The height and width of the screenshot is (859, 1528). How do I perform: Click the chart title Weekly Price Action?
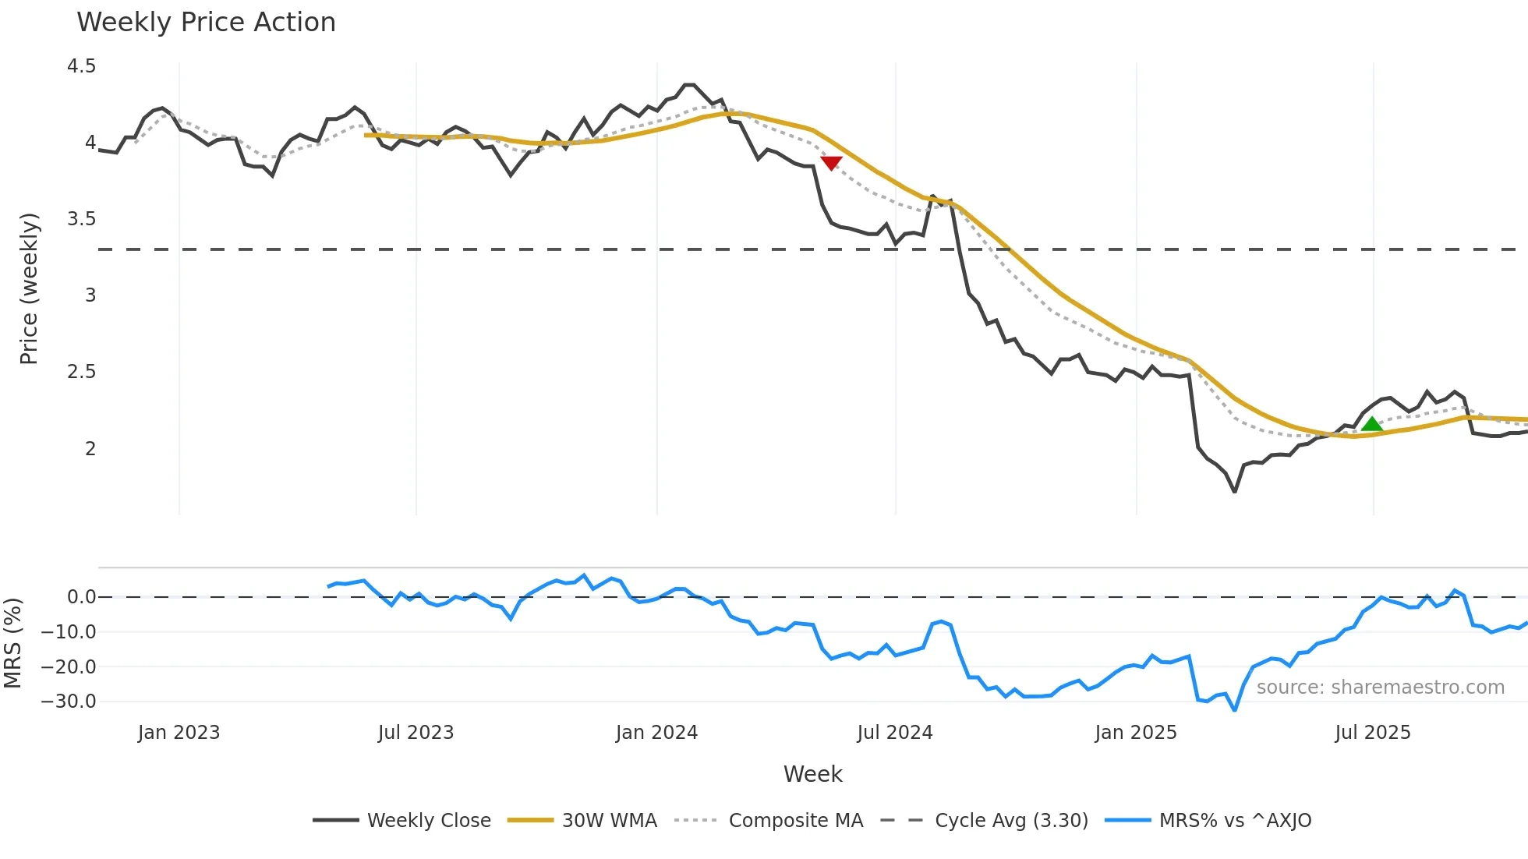(x=206, y=23)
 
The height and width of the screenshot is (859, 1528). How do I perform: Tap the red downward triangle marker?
(x=831, y=163)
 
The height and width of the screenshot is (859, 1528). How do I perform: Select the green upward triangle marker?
(x=1372, y=424)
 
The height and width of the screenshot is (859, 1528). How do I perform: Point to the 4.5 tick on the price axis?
(x=81, y=66)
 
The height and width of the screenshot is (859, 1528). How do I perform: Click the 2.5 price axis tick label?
(x=81, y=372)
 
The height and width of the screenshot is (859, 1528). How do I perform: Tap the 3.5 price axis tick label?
(x=81, y=219)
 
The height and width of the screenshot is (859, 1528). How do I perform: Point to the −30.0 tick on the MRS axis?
(x=69, y=702)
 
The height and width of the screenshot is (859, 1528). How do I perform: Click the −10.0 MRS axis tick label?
(x=69, y=632)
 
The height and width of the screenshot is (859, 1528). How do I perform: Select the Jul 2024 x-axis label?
(x=895, y=733)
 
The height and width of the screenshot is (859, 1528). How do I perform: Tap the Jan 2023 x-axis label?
(x=179, y=733)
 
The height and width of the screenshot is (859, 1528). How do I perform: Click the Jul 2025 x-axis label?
(x=1373, y=733)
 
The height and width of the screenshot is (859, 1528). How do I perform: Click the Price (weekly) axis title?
(x=29, y=288)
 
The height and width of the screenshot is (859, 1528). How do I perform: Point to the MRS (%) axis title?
(x=13, y=643)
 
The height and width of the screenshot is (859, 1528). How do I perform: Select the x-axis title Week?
(x=812, y=774)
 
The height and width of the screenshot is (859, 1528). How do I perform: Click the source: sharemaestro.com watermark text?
(x=1380, y=688)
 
